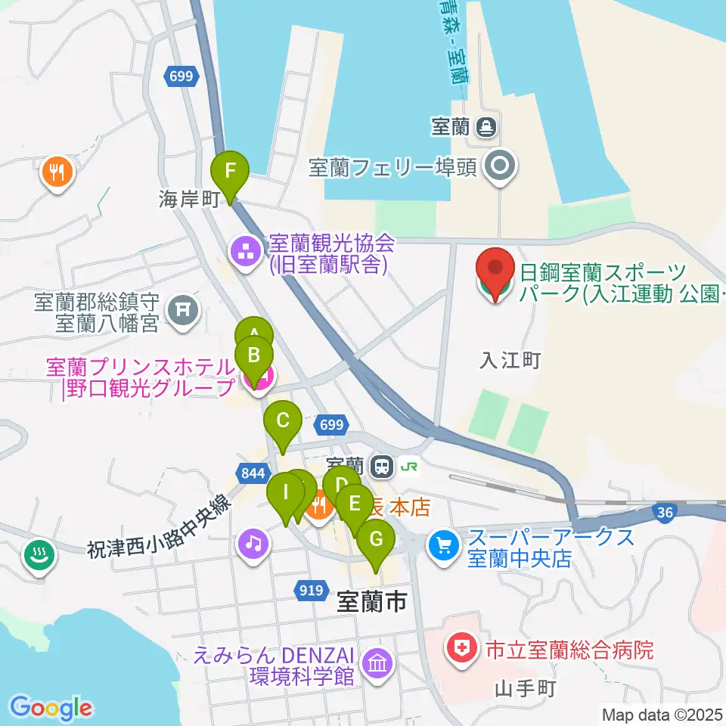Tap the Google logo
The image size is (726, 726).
point(51,708)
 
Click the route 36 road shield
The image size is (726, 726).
point(665,513)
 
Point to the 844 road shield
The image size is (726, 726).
point(250,473)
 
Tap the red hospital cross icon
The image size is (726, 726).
point(458,648)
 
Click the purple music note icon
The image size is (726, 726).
point(253,543)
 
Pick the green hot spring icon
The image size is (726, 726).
point(36,554)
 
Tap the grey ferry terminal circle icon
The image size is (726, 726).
point(500,166)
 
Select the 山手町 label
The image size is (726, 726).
point(526,689)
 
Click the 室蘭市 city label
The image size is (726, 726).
point(371,602)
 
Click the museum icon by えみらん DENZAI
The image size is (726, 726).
point(377,664)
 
